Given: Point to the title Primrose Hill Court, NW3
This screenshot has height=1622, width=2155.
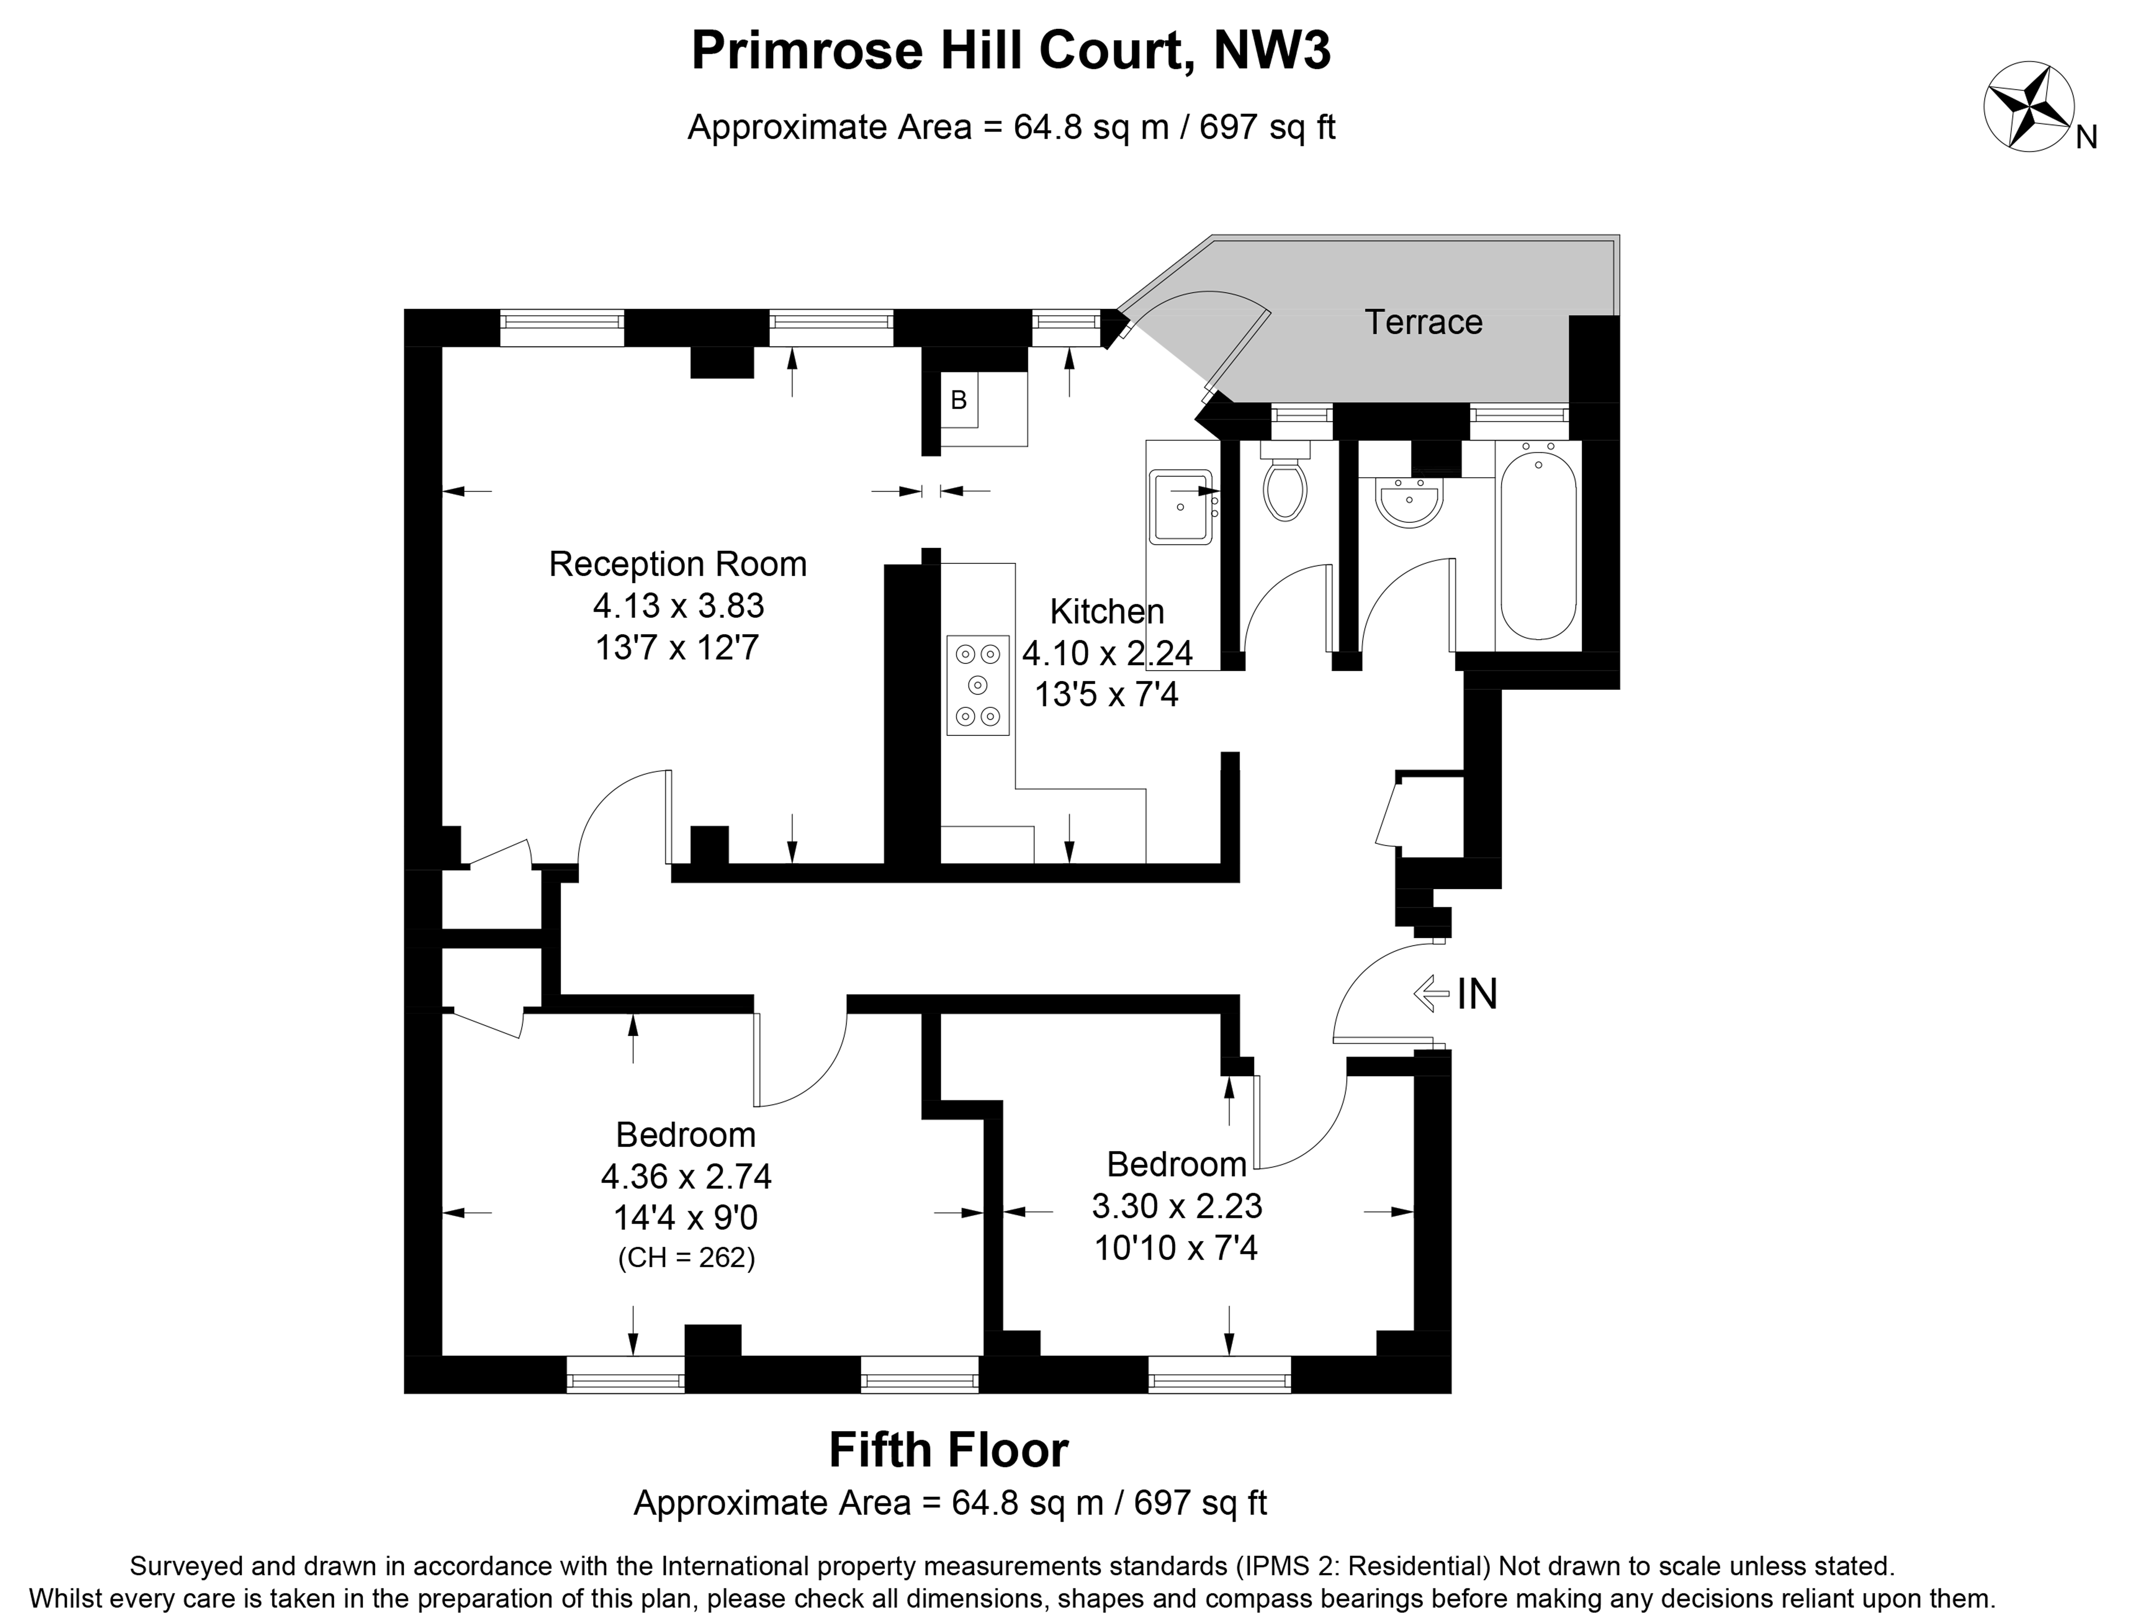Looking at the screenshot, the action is [1010, 51].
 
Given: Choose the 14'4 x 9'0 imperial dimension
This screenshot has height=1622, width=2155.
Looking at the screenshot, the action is [686, 1218].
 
